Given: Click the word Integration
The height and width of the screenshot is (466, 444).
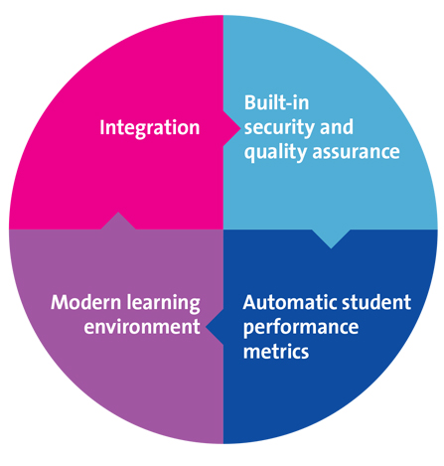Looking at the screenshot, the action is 150,128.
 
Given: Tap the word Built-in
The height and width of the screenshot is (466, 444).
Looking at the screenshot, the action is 277,102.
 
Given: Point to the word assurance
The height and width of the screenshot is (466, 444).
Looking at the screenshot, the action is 357,153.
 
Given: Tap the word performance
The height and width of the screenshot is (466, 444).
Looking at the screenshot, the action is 301,328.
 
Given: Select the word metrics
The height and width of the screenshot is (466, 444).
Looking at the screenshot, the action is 276,351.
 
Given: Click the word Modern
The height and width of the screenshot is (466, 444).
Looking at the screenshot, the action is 86,302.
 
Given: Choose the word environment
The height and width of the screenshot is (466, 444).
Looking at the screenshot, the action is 142,327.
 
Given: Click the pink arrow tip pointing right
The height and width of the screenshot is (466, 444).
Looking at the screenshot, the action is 239,128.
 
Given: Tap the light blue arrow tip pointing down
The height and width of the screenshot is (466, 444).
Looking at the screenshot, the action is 331,247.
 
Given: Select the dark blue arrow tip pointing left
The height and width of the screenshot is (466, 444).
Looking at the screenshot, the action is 207,327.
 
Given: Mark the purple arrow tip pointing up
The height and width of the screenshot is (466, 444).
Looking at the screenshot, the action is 118,213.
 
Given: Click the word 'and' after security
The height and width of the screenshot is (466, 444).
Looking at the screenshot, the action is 337,127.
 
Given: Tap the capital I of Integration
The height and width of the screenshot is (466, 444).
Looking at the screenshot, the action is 102,127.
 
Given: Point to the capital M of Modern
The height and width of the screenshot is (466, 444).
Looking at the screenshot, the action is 61,302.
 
